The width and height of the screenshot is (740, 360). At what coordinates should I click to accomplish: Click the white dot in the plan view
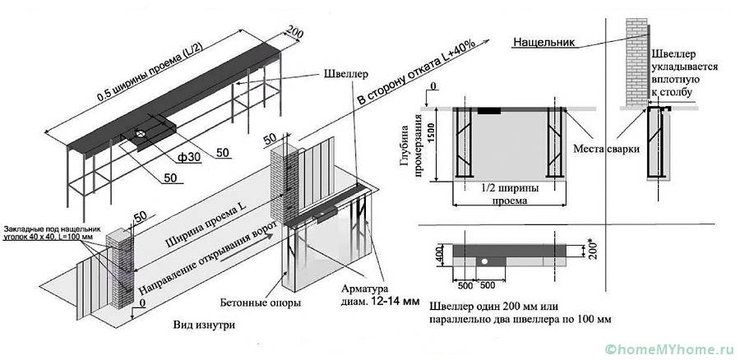[486, 261]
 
